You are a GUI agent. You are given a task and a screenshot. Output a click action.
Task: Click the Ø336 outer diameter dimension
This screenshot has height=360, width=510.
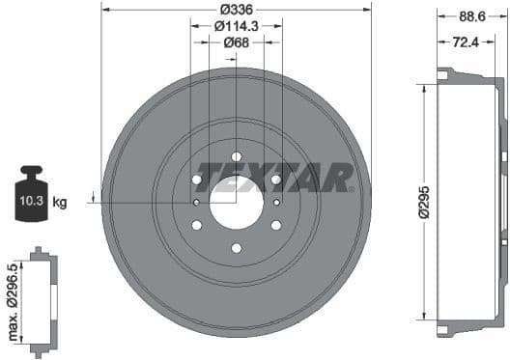236,9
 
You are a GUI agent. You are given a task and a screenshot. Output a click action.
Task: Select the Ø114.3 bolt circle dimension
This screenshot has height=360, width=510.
236,25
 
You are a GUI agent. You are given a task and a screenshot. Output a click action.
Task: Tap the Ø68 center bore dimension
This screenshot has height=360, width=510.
236,42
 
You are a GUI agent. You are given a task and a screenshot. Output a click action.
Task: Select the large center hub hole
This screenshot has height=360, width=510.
236,202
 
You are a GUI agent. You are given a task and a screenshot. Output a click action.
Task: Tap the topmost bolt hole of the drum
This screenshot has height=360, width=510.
236,156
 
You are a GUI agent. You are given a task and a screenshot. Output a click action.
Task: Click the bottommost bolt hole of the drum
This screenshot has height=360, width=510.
236,248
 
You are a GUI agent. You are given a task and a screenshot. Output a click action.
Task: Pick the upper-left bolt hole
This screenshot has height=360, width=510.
197,180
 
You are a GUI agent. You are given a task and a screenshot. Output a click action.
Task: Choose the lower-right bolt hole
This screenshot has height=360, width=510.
275,225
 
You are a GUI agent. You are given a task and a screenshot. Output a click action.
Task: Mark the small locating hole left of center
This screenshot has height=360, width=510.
196,203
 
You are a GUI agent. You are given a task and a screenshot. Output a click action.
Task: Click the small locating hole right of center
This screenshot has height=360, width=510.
276,203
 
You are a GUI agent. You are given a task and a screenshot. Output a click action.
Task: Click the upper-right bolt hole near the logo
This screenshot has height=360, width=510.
275,180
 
